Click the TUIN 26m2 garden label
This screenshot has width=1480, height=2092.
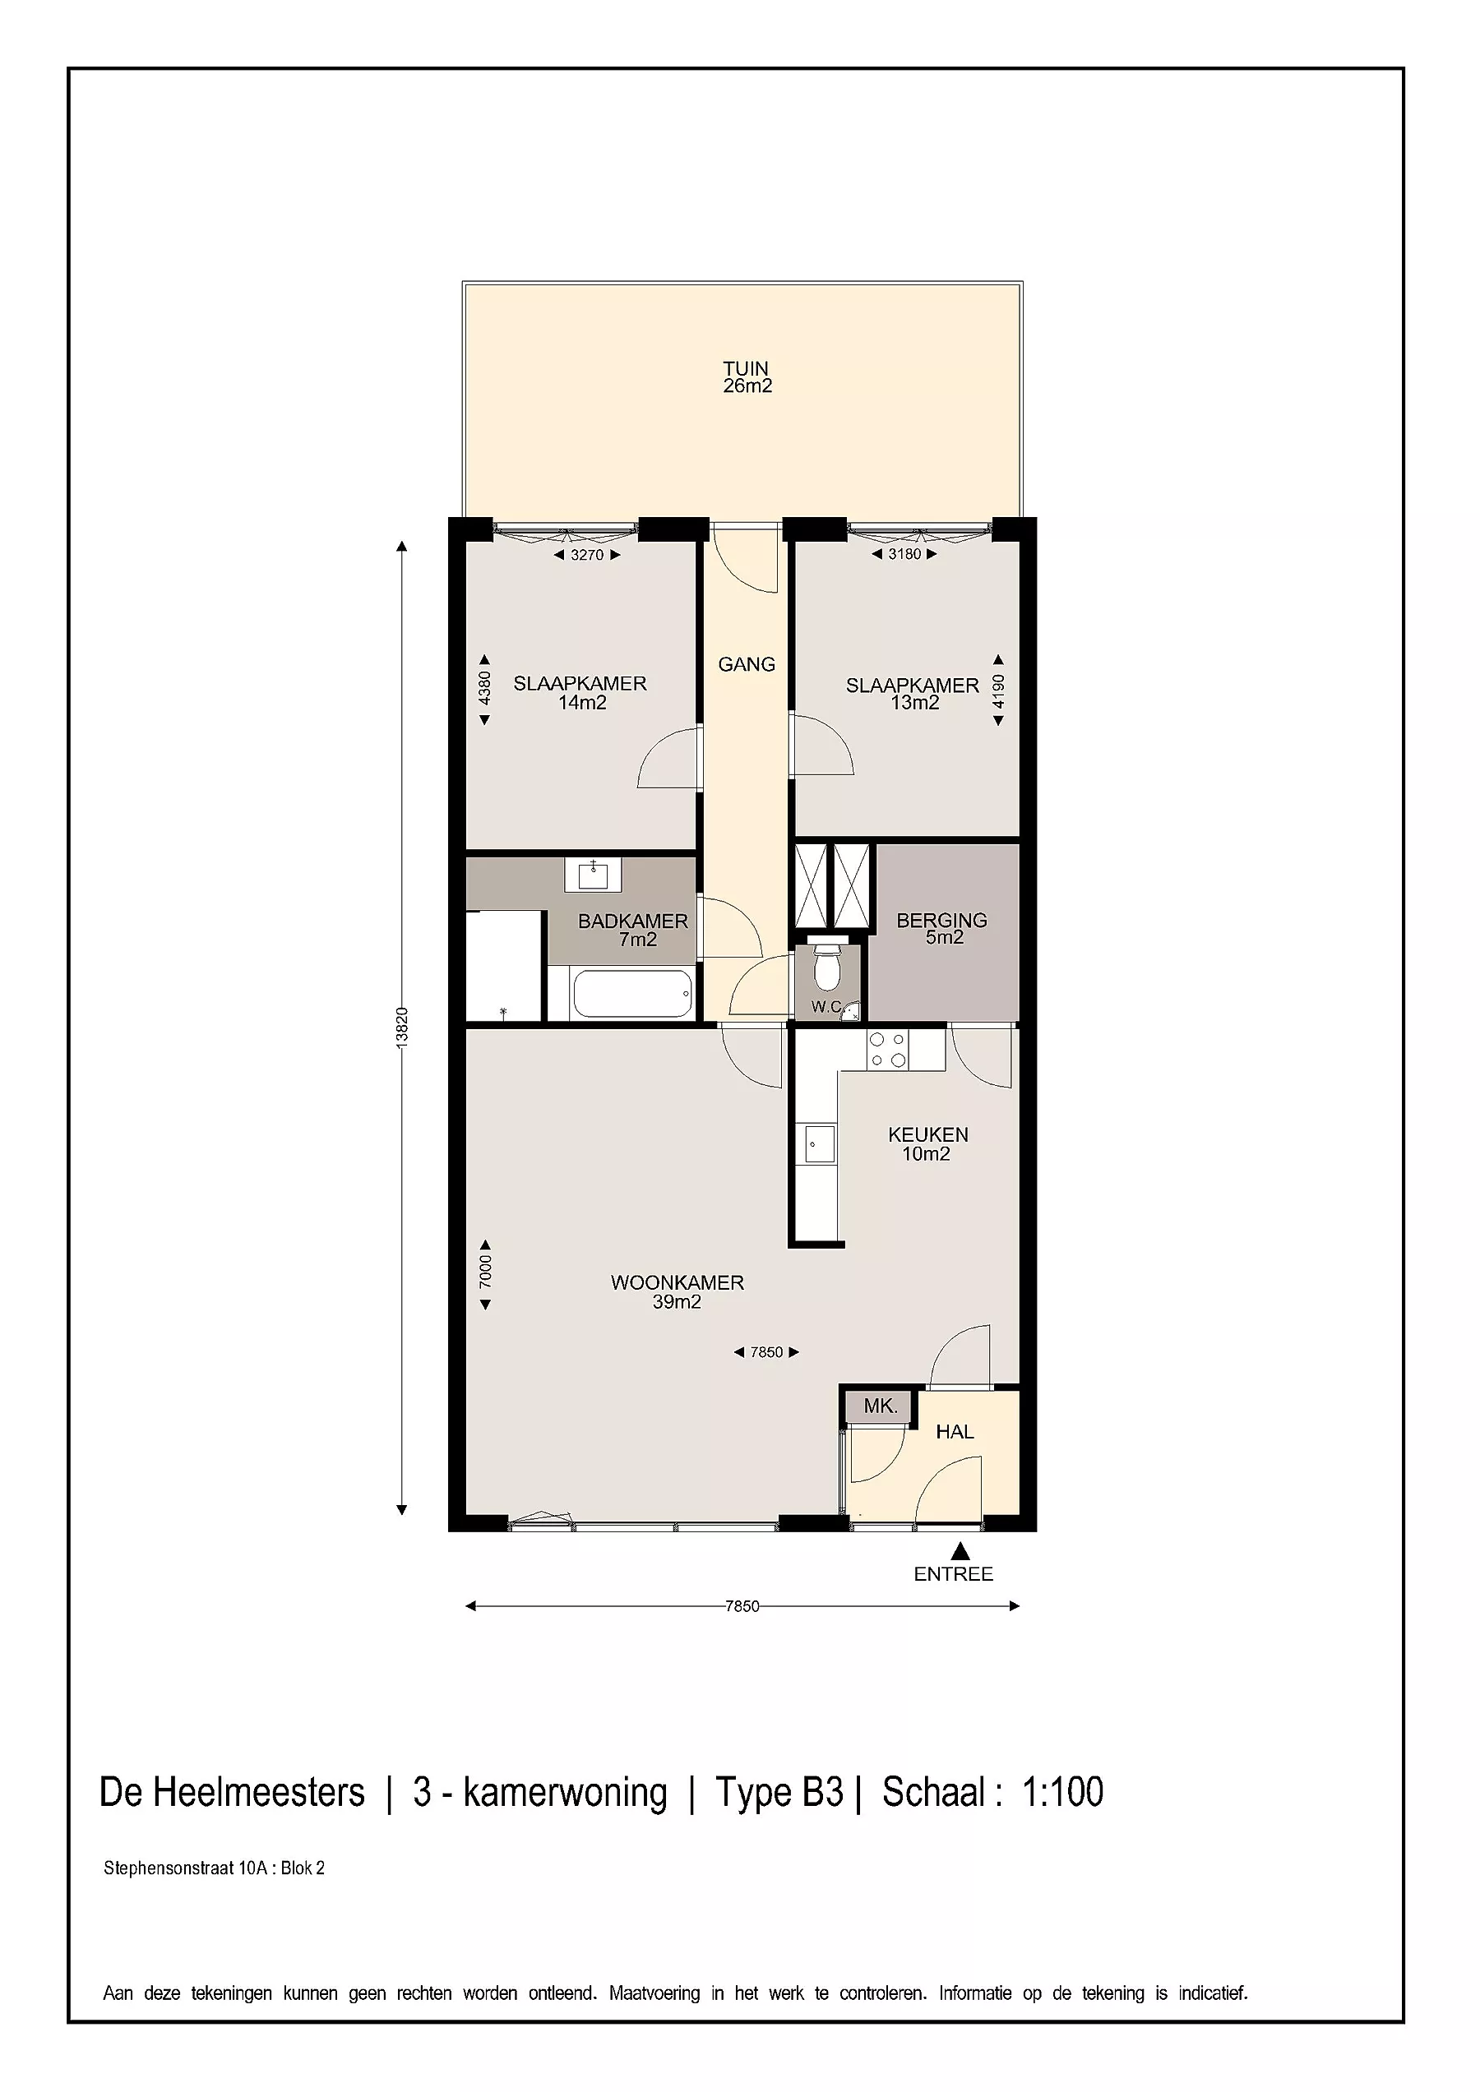[747, 377]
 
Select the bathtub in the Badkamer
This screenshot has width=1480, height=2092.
[631, 993]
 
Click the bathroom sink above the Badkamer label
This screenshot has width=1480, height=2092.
[594, 875]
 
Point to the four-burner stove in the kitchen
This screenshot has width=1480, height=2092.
[886, 1049]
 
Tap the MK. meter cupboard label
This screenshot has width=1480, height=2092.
[881, 1406]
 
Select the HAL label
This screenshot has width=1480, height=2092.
[955, 1431]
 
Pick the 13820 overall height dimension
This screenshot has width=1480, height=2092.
[402, 1028]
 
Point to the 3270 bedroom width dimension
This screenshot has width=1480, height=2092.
[587, 554]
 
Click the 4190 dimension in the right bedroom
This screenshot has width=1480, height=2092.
[999, 690]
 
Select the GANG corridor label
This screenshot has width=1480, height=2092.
[747, 664]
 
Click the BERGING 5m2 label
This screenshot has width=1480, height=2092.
[942, 929]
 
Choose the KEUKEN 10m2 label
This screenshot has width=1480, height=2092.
[927, 1143]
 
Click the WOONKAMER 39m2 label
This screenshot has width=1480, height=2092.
[678, 1292]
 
